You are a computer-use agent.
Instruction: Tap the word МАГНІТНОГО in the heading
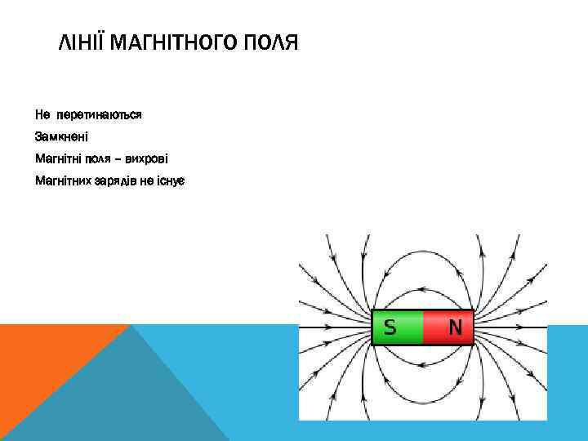(172, 42)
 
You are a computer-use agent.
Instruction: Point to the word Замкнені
(67, 136)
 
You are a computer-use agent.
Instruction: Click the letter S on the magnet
(390, 327)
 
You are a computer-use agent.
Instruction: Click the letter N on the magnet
(456, 327)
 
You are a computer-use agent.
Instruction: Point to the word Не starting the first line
(42, 115)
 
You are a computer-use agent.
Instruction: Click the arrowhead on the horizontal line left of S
(329, 327)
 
